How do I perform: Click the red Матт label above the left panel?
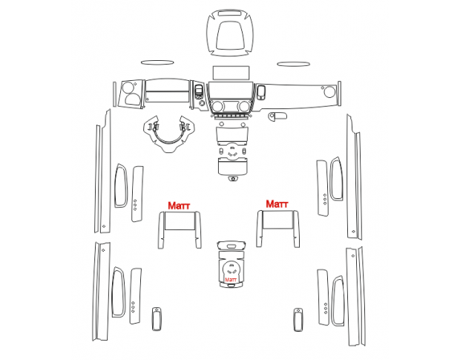point(179,206)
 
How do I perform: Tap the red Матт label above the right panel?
point(277,204)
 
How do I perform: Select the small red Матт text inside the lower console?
point(231,280)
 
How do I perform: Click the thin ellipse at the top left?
point(157,62)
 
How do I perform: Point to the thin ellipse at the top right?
point(293,64)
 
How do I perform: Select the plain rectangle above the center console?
point(231,73)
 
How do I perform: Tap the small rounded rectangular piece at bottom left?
point(157,319)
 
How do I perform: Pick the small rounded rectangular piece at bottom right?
point(298,320)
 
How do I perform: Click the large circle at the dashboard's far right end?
point(329,92)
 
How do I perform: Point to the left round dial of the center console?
point(217,106)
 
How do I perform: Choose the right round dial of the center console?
point(244,106)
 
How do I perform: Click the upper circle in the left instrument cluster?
point(128,88)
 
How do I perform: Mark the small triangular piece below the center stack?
point(233,178)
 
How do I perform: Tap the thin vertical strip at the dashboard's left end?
point(114,94)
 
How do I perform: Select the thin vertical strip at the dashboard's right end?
point(339,94)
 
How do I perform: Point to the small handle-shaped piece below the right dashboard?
point(277,116)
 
